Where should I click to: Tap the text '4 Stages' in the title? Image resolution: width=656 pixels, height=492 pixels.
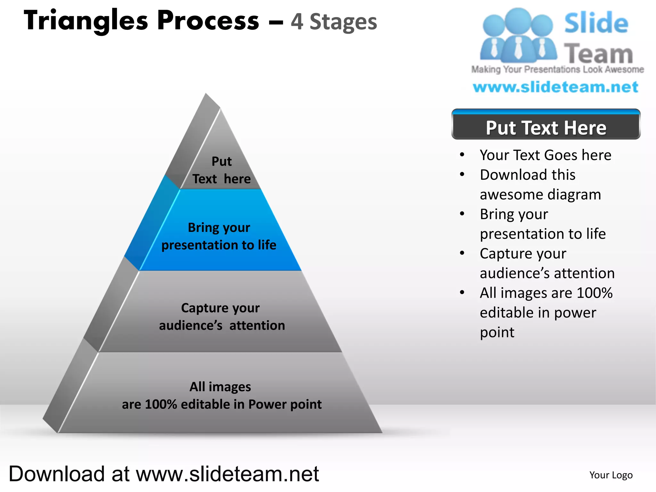click(x=334, y=22)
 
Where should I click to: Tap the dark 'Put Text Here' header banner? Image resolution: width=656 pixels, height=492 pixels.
click(x=546, y=127)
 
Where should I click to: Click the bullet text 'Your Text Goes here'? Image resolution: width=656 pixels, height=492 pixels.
click(x=545, y=155)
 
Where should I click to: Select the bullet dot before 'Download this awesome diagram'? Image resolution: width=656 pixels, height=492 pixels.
click(x=462, y=175)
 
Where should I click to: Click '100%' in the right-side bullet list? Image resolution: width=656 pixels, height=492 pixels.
click(x=594, y=293)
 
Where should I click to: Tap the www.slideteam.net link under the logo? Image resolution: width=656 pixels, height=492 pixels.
click(x=555, y=87)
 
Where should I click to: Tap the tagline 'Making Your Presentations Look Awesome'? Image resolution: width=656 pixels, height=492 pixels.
click(x=557, y=69)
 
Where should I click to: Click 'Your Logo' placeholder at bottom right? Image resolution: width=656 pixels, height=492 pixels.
click(x=611, y=475)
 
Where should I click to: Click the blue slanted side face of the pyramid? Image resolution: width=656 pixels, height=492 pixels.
click(x=151, y=224)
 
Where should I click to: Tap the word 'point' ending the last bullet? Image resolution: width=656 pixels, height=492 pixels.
click(x=497, y=332)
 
